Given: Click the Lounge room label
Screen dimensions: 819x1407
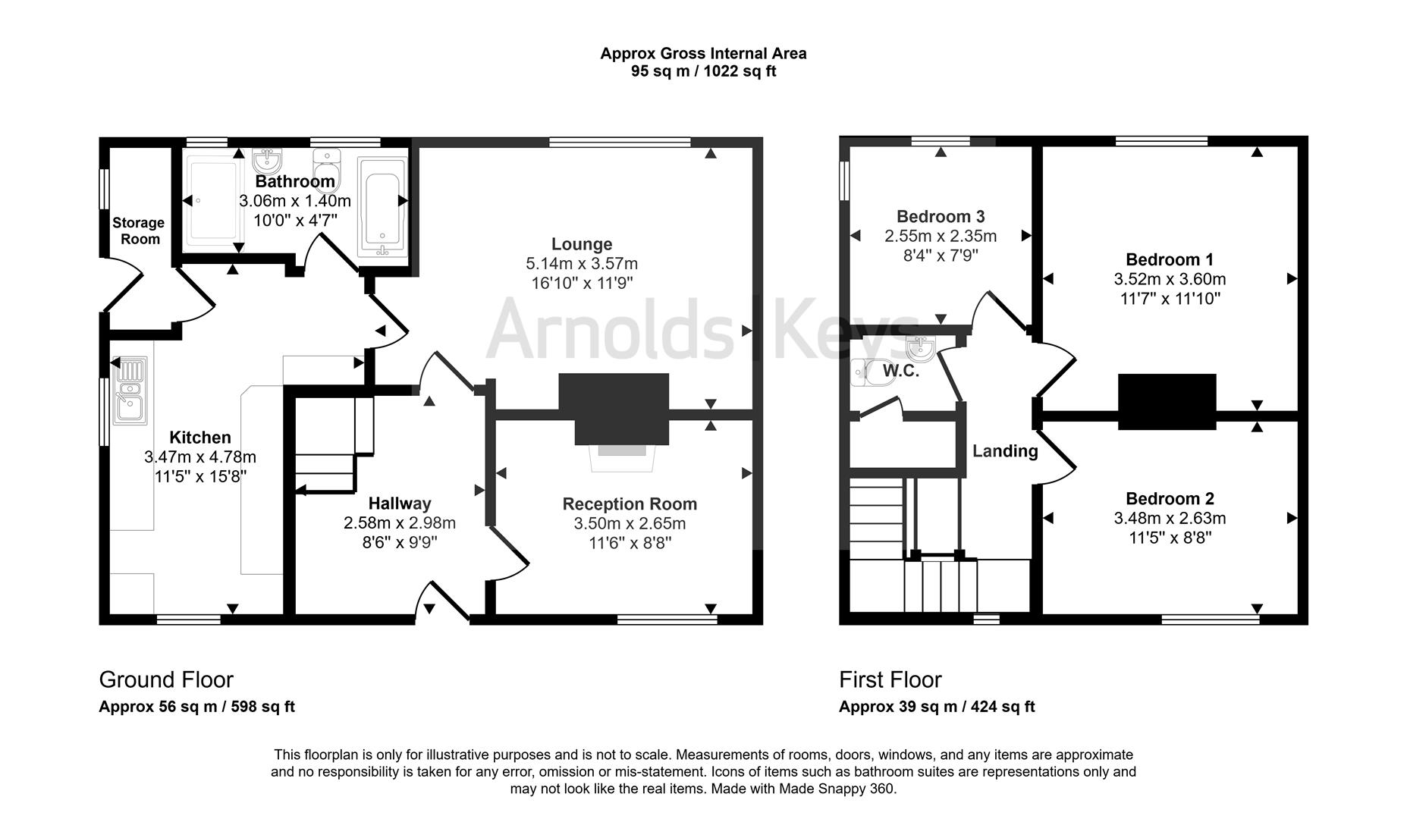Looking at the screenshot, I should [x=581, y=244].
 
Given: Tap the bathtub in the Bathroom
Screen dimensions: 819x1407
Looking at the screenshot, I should [x=382, y=208].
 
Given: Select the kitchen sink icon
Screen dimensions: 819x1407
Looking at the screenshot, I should [x=130, y=390].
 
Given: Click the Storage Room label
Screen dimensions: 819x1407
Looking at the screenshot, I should [x=138, y=231].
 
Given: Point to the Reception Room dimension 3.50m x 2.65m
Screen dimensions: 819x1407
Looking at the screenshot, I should [x=630, y=523].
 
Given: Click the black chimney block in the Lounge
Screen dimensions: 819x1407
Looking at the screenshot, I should [x=614, y=407].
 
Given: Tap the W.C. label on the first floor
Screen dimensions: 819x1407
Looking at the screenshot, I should [x=900, y=372].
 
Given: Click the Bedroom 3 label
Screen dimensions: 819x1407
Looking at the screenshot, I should [x=941, y=216].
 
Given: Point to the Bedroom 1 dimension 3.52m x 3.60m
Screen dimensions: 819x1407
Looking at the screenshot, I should [x=1169, y=279].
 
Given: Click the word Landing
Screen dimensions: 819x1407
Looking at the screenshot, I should [x=1005, y=451].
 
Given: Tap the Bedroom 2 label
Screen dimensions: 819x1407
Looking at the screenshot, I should [x=1170, y=498].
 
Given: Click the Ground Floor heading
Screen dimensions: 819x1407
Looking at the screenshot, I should [x=166, y=679].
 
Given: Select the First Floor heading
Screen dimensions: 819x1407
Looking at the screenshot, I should [x=890, y=679].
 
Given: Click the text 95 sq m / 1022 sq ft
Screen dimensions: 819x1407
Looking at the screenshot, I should [x=703, y=72].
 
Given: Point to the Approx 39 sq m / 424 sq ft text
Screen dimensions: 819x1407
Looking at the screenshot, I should [x=937, y=707].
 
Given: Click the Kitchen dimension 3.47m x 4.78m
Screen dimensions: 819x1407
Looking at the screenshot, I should [x=200, y=457].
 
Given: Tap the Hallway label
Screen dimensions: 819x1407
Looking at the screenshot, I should [x=400, y=504].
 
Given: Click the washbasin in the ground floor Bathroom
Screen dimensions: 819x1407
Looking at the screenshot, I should [x=267, y=160].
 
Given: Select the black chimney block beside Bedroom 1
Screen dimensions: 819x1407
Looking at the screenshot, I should [x=1167, y=402].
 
